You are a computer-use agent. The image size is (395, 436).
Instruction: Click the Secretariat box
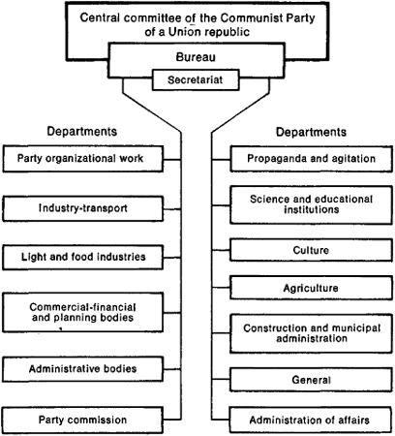pyautogui.click(x=196, y=79)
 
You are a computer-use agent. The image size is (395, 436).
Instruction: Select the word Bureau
pyautogui.click(x=196, y=57)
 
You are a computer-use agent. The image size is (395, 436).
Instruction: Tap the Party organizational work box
pyautogui.click(x=83, y=159)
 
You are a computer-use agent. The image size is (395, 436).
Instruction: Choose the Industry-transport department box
pyautogui.click(x=83, y=208)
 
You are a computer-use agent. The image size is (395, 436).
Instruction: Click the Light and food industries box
pyautogui.click(x=83, y=257)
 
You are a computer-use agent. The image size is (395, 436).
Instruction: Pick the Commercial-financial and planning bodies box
pyautogui.click(x=83, y=312)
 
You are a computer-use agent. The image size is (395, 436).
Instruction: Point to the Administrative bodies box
pyautogui.click(x=83, y=369)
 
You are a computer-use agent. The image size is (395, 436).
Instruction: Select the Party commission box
pyautogui.click(x=83, y=420)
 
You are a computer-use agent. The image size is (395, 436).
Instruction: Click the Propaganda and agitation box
pyautogui.click(x=311, y=159)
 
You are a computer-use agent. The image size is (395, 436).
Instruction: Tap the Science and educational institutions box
pyautogui.click(x=311, y=204)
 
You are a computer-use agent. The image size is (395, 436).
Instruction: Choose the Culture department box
pyautogui.click(x=311, y=250)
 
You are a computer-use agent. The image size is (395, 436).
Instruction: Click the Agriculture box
pyautogui.click(x=311, y=288)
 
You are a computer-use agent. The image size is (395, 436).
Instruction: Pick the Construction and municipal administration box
pyautogui.click(x=311, y=333)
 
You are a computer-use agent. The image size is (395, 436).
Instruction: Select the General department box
pyautogui.click(x=311, y=380)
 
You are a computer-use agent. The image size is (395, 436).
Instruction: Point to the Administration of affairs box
pyautogui.click(x=311, y=420)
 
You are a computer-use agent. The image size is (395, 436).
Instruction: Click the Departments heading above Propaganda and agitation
pyautogui.click(x=311, y=132)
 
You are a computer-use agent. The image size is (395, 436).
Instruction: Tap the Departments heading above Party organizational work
pyautogui.click(x=82, y=132)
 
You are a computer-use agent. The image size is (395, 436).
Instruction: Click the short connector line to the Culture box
pyautogui.click(x=221, y=250)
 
